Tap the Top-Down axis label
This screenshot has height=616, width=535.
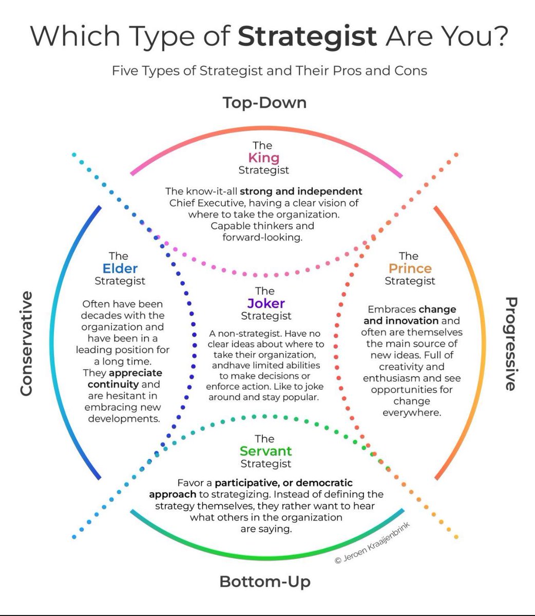[x=264, y=103]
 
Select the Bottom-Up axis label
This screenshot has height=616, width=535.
[x=265, y=582]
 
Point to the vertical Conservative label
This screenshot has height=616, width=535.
[x=26, y=343]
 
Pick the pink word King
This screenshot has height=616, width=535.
[x=263, y=158]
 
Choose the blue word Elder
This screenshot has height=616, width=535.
[x=120, y=268]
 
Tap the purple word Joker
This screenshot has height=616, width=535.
[x=266, y=303]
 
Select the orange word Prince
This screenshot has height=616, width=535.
[x=410, y=268]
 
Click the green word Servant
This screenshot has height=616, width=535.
[x=265, y=451]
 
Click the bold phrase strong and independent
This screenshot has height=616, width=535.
[x=301, y=191]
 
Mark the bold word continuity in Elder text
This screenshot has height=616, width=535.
[x=113, y=384]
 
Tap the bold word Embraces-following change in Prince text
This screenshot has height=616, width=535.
[x=437, y=310]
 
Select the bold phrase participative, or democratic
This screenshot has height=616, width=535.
[x=284, y=483]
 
